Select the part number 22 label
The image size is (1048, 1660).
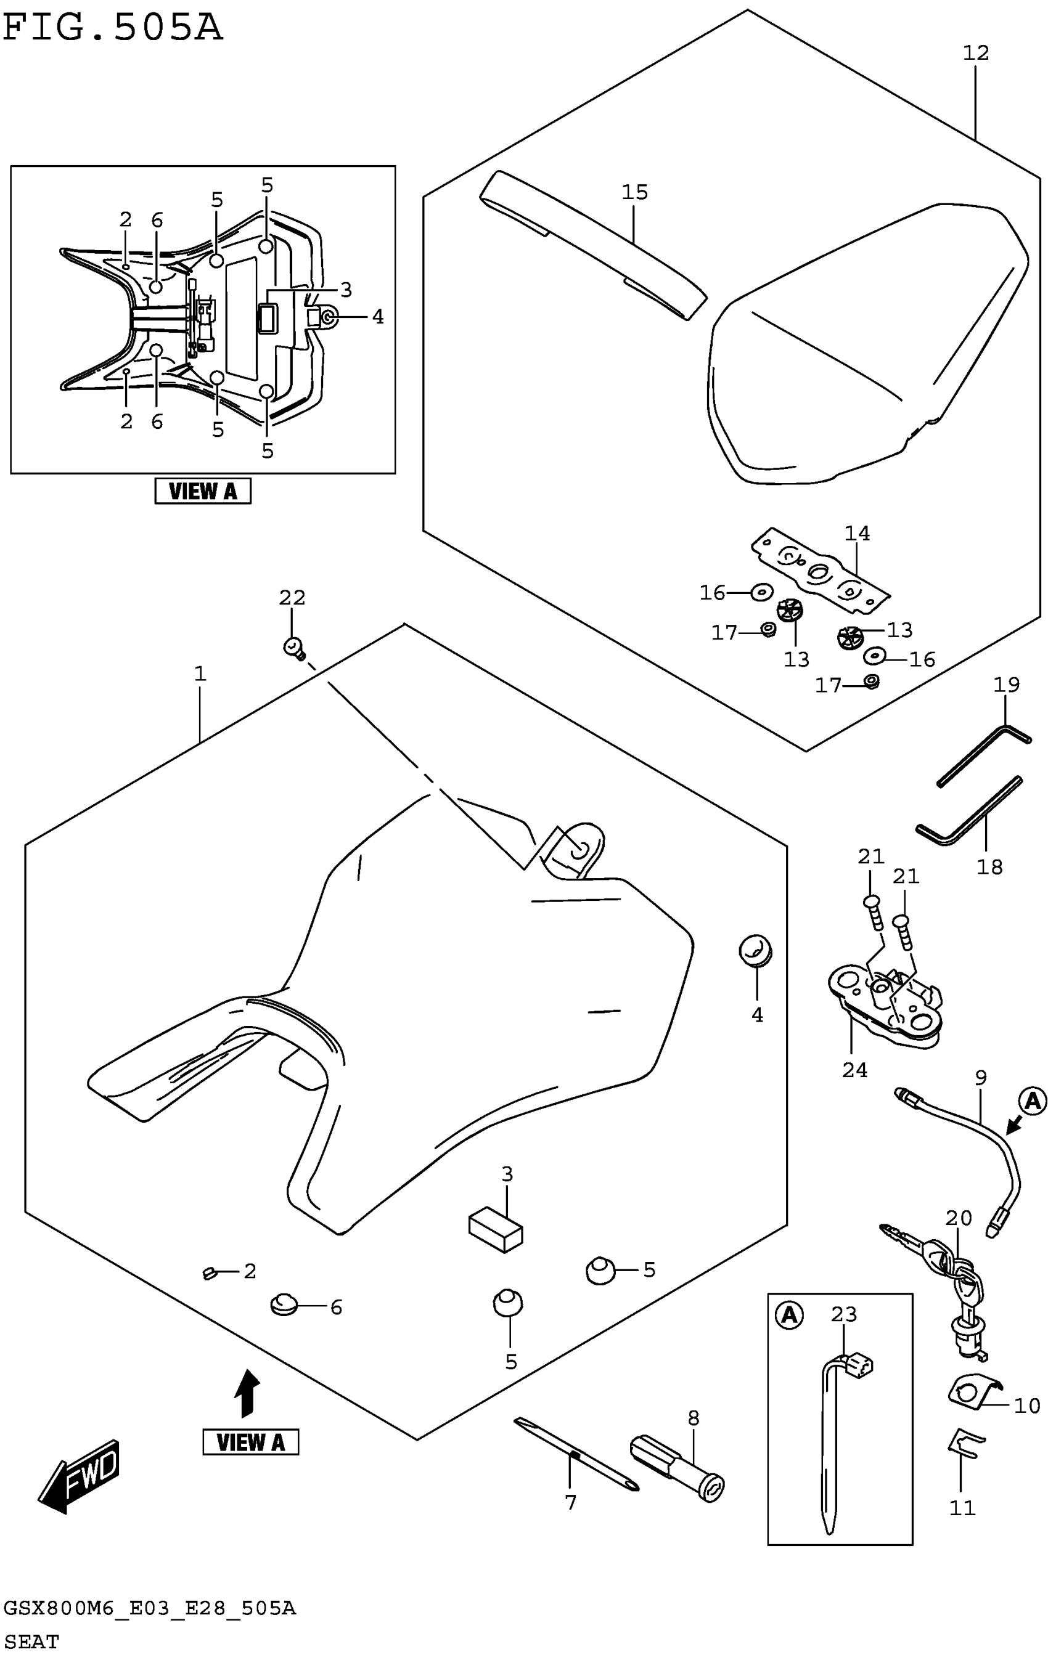(x=292, y=598)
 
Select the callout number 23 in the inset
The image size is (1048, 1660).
(x=844, y=1314)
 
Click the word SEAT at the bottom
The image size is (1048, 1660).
(x=31, y=1642)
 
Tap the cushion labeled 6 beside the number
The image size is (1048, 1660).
(x=283, y=1304)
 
